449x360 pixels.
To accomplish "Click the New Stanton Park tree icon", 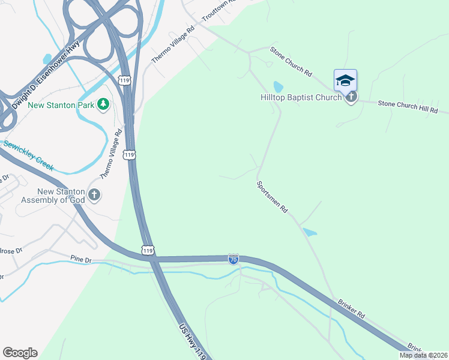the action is [103, 104].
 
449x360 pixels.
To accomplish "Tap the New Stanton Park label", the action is [61, 105].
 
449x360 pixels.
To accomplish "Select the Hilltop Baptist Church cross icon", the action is [351, 97].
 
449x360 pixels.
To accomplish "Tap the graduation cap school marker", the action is [345, 80].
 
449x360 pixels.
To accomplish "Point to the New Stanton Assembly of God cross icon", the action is [94, 194].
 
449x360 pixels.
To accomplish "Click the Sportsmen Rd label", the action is [273, 198].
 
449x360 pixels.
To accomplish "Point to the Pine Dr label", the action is [80, 259].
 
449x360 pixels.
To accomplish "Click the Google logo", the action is [20, 353].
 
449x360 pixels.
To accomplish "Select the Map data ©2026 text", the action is [423, 355].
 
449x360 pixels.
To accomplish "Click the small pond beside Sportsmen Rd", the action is [310, 232].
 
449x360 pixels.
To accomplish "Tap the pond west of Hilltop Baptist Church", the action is [278, 86].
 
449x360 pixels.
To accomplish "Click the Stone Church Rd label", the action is [291, 61].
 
